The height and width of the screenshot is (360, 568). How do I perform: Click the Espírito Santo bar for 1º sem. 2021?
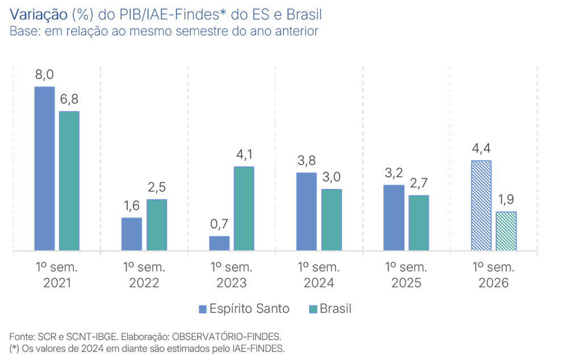click(x=44, y=169)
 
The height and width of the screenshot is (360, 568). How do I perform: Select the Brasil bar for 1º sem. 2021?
click(x=69, y=181)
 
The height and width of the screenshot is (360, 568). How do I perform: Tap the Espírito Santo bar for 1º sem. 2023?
click(x=219, y=244)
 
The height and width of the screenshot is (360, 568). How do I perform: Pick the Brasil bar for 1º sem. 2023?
click(x=244, y=208)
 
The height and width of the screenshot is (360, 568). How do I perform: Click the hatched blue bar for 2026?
click(x=482, y=206)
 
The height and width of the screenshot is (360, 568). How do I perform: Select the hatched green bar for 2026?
click(x=506, y=231)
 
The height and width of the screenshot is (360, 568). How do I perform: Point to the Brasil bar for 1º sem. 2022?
click(x=157, y=225)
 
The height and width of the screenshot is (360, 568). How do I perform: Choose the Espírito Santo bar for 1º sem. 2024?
click(x=307, y=211)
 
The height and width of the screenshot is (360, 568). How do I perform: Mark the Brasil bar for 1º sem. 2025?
click(x=419, y=223)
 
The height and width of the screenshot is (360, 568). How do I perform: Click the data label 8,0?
click(x=44, y=74)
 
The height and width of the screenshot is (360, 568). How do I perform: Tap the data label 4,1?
click(x=244, y=154)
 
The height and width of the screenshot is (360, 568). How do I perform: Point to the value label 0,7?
click(x=219, y=224)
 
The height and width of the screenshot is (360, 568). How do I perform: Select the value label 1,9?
click(x=506, y=199)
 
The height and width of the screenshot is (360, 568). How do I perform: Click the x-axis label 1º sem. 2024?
click(x=319, y=275)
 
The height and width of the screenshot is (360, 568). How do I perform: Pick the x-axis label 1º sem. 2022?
click(x=144, y=275)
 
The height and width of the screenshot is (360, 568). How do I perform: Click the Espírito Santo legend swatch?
click(x=203, y=309)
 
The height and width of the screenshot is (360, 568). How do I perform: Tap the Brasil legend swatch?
click(x=313, y=309)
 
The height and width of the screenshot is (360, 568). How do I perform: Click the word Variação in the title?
click(x=39, y=15)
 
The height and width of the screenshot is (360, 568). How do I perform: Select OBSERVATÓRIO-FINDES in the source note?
click(x=227, y=337)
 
